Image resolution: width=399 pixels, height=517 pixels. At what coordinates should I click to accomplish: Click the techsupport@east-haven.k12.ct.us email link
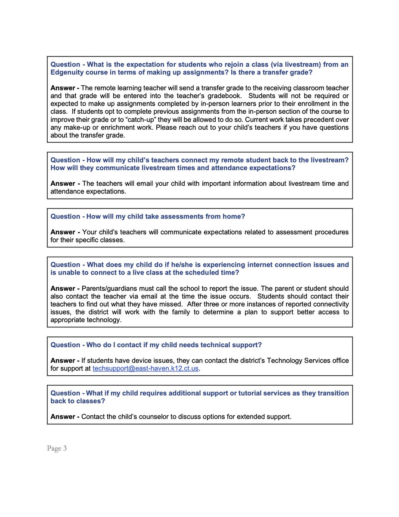[x=146, y=369]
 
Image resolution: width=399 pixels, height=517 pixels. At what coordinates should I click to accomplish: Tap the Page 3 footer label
[x=57, y=448]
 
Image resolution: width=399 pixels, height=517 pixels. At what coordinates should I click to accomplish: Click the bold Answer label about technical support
[x=65, y=360]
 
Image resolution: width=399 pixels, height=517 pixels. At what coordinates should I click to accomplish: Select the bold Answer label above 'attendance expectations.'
[x=65, y=184]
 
